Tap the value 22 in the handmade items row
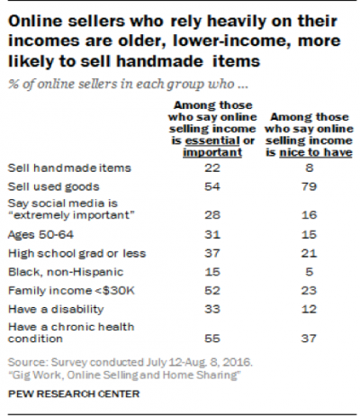tap(187, 167)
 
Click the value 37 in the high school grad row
tap(187, 253)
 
